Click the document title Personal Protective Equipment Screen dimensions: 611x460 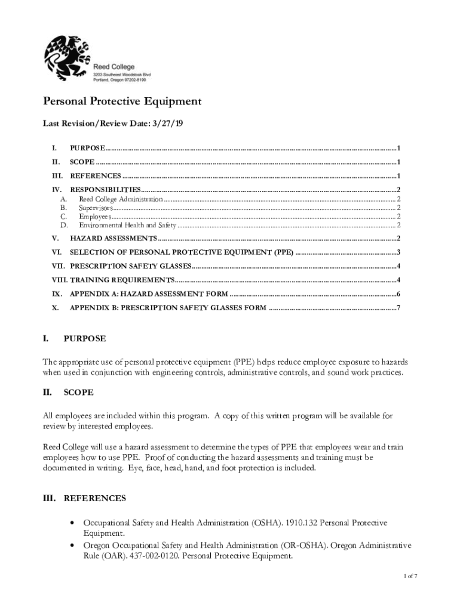122,101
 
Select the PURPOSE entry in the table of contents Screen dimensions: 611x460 88,147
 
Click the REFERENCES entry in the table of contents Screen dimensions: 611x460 96,176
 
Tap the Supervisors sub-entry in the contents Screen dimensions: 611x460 96,208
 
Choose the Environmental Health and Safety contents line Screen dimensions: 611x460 127,226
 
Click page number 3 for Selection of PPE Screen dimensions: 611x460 398,252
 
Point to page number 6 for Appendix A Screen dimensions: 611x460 398,294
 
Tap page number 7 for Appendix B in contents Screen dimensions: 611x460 398,308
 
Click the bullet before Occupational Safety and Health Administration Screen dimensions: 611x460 72,523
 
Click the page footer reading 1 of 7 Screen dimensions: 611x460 409,576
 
